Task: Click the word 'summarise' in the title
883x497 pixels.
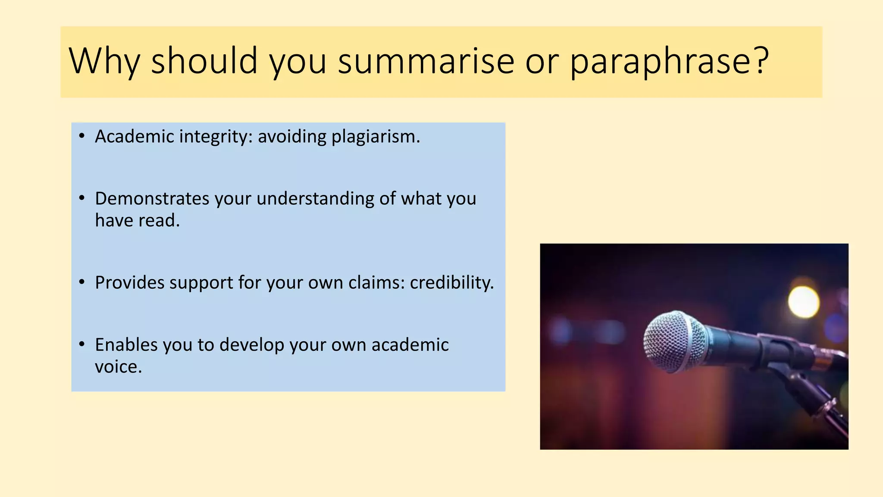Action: click(x=426, y=61)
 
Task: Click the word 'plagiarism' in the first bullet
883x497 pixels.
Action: click(x=373, y=137)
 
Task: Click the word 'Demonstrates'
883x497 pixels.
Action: click(x=152, y=198)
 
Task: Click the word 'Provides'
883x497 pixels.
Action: click(x=129, y=283)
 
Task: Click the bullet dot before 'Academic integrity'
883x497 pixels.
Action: click(x=82, y=137)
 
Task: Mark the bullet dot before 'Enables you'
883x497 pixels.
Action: click(x=82, y=345)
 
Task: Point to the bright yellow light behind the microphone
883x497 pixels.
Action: click(x=803, y=302)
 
